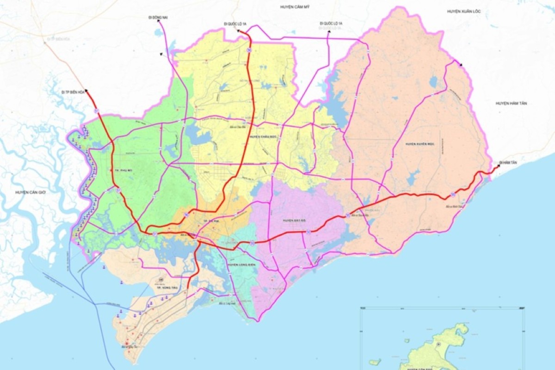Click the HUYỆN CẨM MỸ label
click(296, 6)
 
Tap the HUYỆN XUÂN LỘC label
click(464, 11)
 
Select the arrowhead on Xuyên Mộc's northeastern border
click(460, 65)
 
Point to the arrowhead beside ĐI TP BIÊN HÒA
click(86, 92)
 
